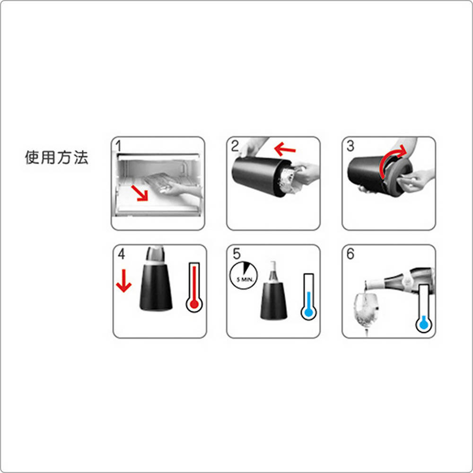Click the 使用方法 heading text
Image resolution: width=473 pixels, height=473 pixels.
56,158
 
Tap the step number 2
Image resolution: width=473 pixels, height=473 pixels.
235,146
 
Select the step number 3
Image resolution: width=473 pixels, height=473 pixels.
350,146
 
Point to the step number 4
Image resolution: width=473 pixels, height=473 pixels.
121,254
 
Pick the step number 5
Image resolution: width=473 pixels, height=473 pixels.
236,254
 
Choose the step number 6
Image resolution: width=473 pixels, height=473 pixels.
350,254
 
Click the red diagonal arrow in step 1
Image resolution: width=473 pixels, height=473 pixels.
140,193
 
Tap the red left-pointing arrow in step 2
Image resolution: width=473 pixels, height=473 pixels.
285,149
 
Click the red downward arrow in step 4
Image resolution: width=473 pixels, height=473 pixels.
123,281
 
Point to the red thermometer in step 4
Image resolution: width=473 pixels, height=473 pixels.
194,287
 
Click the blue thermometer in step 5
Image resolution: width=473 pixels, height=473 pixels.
308,297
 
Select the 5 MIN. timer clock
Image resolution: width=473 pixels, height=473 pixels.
244,275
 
